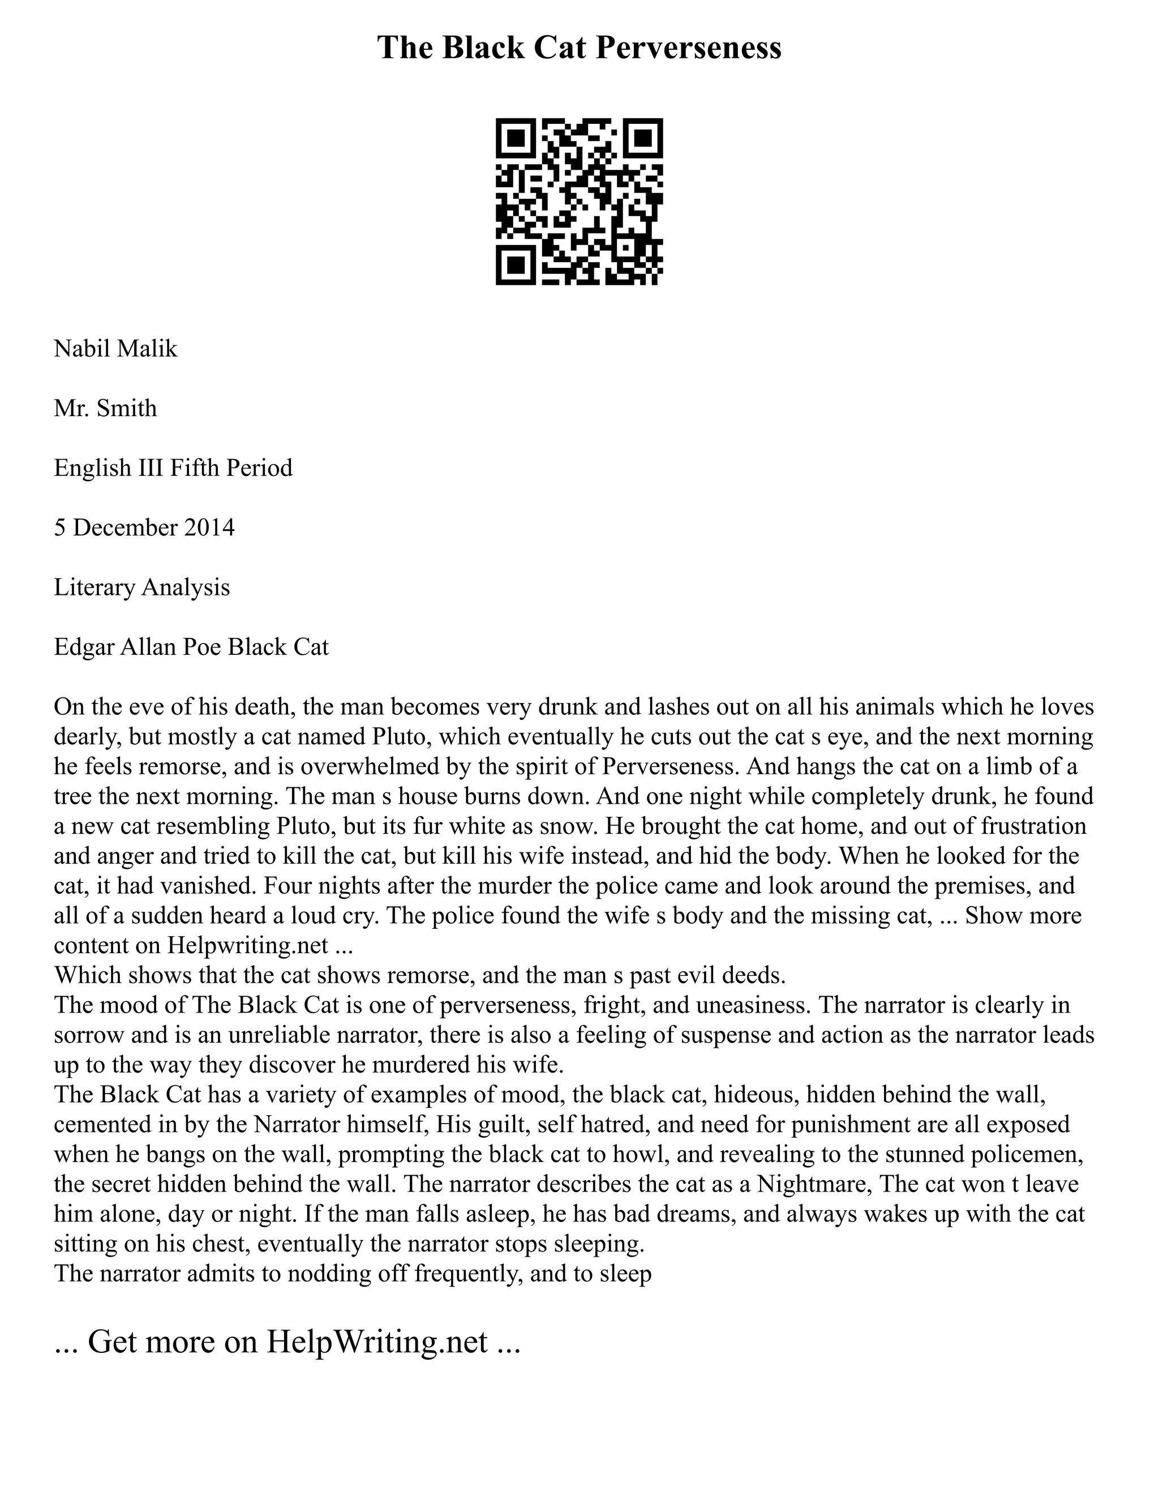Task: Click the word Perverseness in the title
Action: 687,49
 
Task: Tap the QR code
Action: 579,202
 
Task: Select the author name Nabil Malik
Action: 115,349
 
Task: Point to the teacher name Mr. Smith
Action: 105,409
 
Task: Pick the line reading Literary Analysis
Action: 141,587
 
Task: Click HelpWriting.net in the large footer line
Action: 377,1342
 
